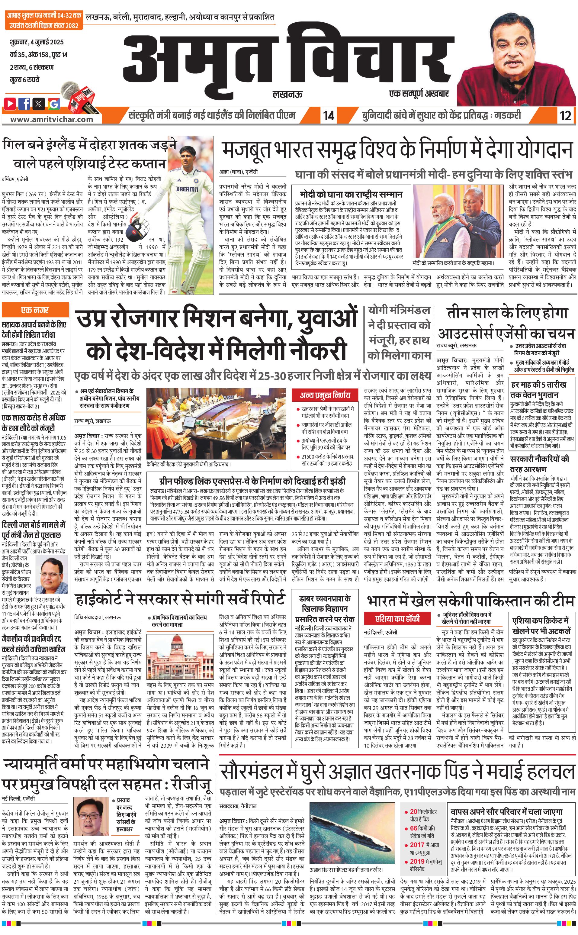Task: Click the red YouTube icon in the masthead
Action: (10, 103)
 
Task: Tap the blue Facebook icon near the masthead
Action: (24, 103)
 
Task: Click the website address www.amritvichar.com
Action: (52, 119)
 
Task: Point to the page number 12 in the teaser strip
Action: (565, 115)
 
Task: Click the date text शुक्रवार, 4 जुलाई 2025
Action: (37, 42)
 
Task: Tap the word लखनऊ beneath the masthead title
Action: (287, 94)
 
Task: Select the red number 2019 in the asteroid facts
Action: (417, 861)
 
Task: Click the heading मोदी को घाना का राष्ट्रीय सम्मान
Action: (351, 194)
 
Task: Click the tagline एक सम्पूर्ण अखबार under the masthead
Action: (419, 93)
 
